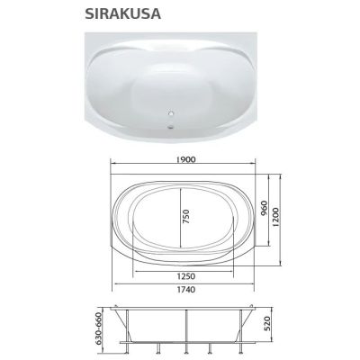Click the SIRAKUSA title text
[x=123, y=13]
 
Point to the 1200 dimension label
[x=275, y=217]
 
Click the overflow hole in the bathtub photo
[x=172, y=114]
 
